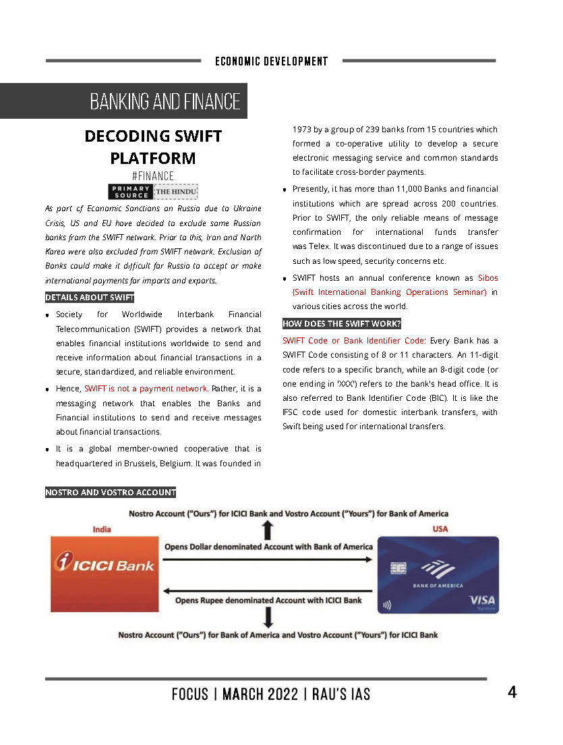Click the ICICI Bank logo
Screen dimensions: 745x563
coord(105,564)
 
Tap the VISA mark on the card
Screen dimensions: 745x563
coord(481,600)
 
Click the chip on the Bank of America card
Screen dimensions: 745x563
coord(398,568)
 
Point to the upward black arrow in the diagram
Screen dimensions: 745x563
coord(268,529)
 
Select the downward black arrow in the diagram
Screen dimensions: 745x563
coord(268,617)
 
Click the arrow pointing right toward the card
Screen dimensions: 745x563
coord(268,559)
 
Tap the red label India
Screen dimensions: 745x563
coord(102,530)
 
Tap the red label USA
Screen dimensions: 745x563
coord(440,529)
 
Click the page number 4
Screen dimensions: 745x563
coord(512,692)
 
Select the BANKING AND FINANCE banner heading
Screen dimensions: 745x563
coord(165,101)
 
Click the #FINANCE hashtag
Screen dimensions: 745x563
coord(153,176)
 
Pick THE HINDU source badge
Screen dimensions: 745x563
coord(176,192)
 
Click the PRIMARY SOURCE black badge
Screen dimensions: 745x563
coord(131,192)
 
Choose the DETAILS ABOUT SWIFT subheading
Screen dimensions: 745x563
coord(90,298)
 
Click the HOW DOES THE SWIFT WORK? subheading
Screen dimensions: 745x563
coord(341,324)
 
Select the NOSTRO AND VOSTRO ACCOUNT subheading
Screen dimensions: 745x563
coord(111,493)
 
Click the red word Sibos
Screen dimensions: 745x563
coord(487,278)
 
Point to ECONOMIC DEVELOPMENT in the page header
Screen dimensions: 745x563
coord(272,61)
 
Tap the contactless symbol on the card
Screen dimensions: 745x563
coord(387,605)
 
